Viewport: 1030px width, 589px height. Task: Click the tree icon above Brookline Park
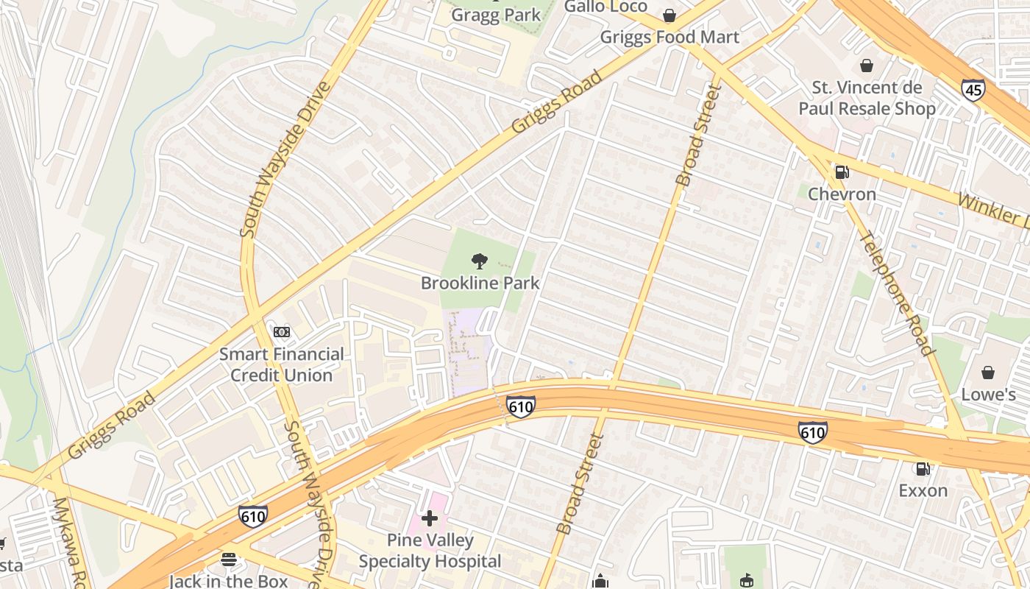click(480, 261)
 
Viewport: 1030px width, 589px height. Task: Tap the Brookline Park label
click(480, 283)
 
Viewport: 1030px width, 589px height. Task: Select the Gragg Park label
click(495, 15)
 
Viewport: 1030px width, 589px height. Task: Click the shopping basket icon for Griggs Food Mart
click(669, 15)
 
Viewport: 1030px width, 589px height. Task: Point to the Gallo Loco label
click(605, 7)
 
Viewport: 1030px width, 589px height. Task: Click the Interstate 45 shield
click(972, 90)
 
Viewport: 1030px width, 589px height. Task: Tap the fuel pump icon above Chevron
click(842, 172)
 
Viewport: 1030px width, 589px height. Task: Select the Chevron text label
click(842, 194)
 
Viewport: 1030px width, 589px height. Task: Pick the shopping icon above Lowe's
click(988, 373)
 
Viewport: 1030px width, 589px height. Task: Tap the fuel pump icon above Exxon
click(922, 468)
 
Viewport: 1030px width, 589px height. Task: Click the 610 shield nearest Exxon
click(812, 432)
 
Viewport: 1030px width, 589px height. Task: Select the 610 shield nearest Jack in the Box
click(252, 516)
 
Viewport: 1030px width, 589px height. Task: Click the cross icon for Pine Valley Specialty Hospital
click(430, 519)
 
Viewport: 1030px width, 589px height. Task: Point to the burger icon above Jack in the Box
click(229, 560)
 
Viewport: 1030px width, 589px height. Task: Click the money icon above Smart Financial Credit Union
click(282, 332)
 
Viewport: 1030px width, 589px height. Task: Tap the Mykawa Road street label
click(71, 542)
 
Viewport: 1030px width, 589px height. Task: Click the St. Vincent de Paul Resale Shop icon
click(867, 66)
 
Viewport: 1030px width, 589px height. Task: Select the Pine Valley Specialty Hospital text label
click(430, 551)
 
